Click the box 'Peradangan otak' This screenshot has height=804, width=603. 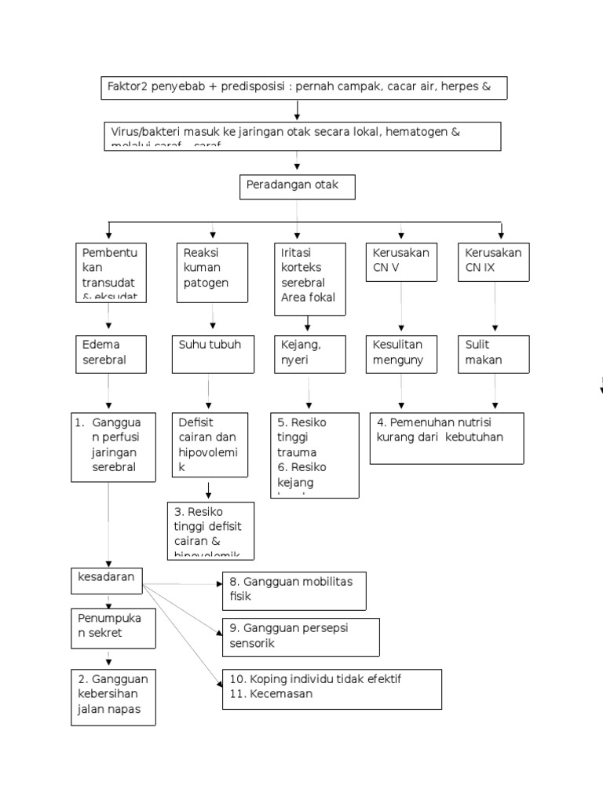298,187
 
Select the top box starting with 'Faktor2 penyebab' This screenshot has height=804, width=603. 304,88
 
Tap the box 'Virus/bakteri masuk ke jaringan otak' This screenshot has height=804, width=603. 303,135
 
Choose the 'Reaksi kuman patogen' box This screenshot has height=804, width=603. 211,272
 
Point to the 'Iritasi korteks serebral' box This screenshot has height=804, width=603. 310,279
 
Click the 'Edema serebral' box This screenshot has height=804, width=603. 108,353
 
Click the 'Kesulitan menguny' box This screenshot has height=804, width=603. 401,353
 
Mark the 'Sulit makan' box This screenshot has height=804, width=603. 493,353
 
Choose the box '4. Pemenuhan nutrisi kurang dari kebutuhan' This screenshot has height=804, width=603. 446,438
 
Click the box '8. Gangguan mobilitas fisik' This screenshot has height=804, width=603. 294,590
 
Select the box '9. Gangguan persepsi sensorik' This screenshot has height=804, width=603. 301,637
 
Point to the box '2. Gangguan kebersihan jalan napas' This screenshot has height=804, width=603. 113,696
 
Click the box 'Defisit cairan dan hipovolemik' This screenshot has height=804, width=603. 208,445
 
